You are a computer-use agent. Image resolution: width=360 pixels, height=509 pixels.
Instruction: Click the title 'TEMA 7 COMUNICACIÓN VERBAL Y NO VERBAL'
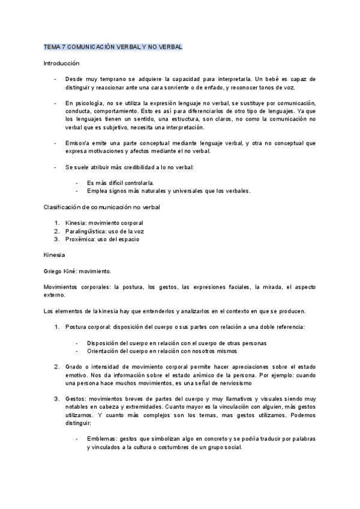113,47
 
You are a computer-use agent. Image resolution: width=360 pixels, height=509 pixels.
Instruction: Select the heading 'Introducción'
62,63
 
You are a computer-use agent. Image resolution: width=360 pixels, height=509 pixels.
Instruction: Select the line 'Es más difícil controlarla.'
120,182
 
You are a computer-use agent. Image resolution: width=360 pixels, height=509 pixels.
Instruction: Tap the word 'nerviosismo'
232,382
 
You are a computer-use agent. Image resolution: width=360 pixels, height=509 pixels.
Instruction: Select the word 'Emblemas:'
102,439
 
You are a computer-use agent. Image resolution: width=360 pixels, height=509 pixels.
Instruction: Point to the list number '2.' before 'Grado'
56,366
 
